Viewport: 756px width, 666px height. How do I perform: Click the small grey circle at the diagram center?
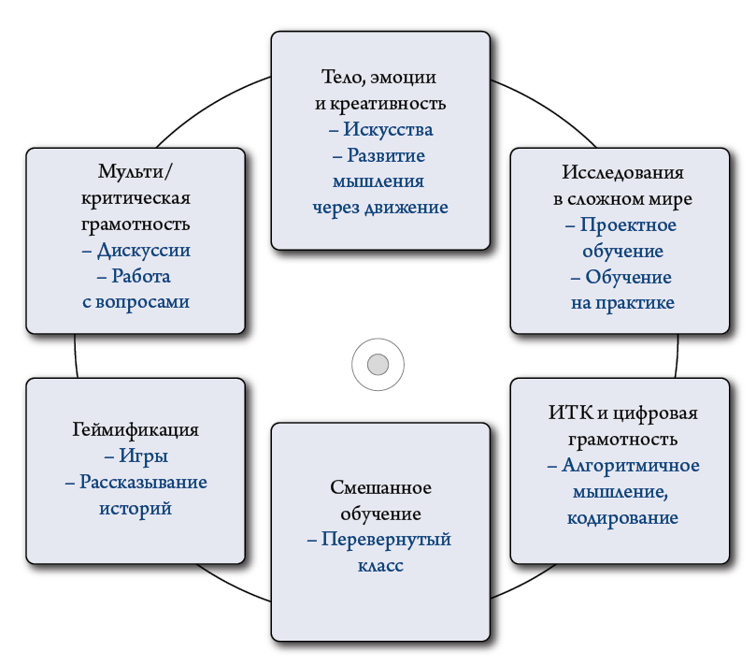[x=378, y=363]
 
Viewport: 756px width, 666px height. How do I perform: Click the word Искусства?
[x=388, y=129]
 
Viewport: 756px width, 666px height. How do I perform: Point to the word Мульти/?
[x=135, y=173]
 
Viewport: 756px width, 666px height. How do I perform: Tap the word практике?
[x=635, y=302]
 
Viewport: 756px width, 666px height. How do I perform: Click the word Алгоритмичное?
[x=631, y=465]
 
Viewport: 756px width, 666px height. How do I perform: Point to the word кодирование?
[x=622, y=517]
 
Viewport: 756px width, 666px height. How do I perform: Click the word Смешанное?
[x=380, y=488]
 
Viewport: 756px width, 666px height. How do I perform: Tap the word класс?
[x=379, y=566]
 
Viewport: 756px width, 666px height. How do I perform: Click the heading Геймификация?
[x=136, y=430]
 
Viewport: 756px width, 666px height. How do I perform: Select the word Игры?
[x=143, y=456]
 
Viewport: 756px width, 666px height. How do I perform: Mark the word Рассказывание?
[x=143, y=483]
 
